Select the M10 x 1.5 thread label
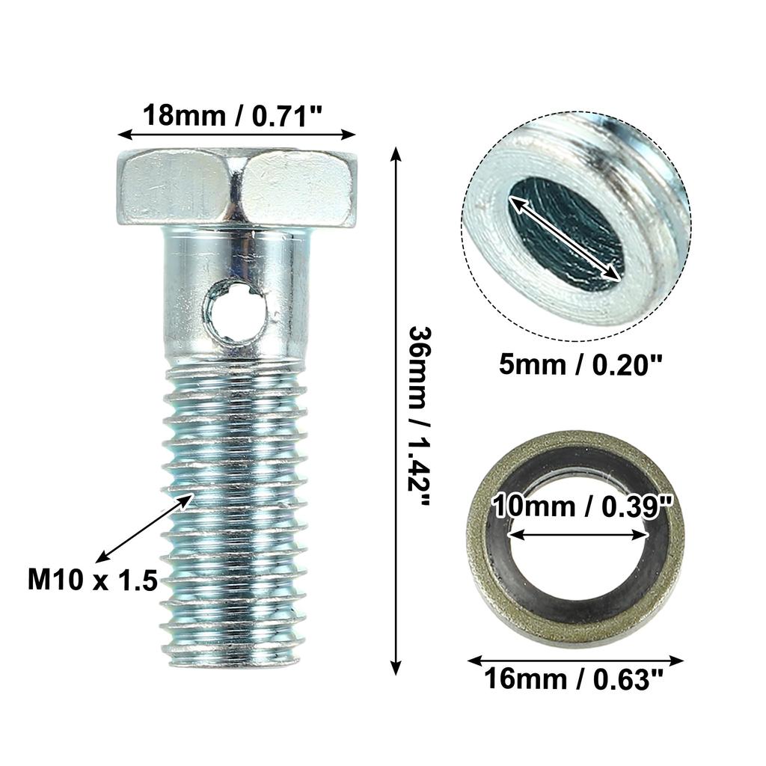[x=93, y=579]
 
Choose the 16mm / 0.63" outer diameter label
[x=574, y=680]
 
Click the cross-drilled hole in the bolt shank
[x=234, y=309]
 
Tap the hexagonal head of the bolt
[x=236, y=187]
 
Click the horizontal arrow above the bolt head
[x=236, y=135]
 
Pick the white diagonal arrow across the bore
[x=566, y=238]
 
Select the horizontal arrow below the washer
[x=574, y=661]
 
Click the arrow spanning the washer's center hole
[x=577, y=534]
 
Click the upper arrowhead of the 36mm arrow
[x=396, y=154]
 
